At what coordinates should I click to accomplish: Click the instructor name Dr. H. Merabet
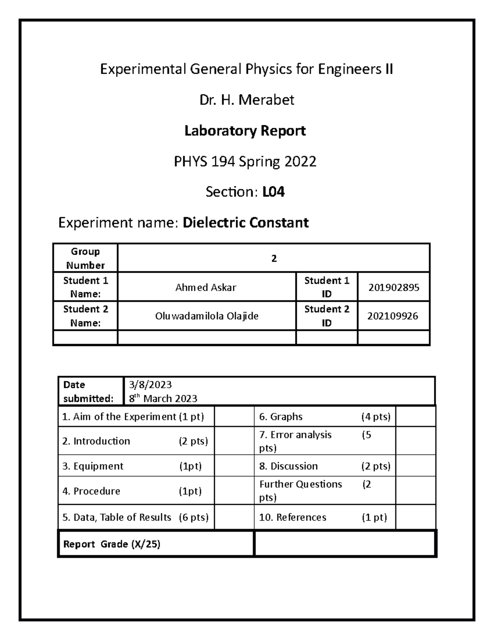[247, 100]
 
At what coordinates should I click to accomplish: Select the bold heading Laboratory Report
[245, 131]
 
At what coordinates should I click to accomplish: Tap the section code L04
[273, 192]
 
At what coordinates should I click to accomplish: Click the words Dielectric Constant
[245, 223]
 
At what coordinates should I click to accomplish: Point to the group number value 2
[274, 258]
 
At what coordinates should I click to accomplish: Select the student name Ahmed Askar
[206, 287]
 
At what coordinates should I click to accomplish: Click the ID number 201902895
[394, 287]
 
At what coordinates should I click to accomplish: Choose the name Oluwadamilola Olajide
[207, 316]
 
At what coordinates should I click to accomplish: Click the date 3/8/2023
[150, 384]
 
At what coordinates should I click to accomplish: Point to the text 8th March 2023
[163, 399]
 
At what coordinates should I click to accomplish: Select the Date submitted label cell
[91, 392]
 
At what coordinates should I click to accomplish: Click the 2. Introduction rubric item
[96, 441]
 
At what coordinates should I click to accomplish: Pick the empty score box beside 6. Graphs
[415, 417]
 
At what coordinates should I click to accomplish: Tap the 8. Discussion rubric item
[288, 466]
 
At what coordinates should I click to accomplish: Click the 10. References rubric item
[292, 517]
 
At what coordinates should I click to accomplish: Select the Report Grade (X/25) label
[112, 544]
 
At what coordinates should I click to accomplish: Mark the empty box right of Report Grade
[345, 544]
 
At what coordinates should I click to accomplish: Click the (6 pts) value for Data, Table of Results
[193, 517]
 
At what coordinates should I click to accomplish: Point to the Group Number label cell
[85, 258]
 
